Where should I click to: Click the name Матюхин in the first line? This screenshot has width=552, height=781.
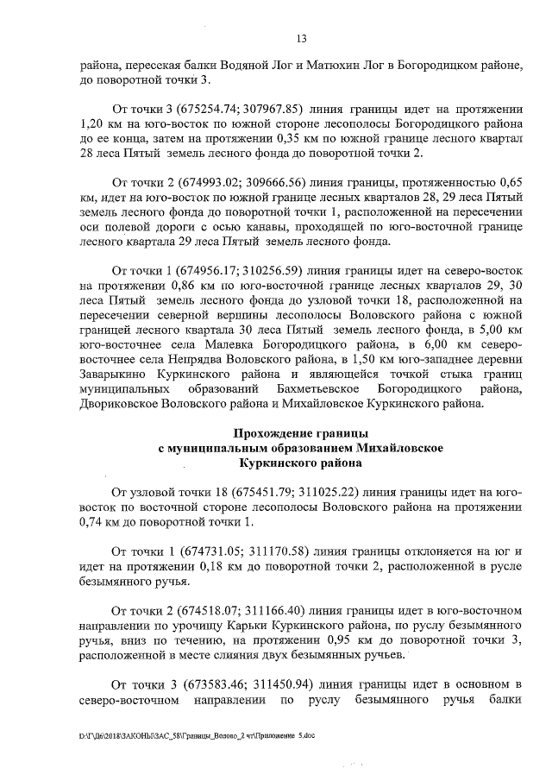pyautogui.click(x=306, y=65)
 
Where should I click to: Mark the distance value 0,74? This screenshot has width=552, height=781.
pyautogui.click(x=91, y=520)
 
